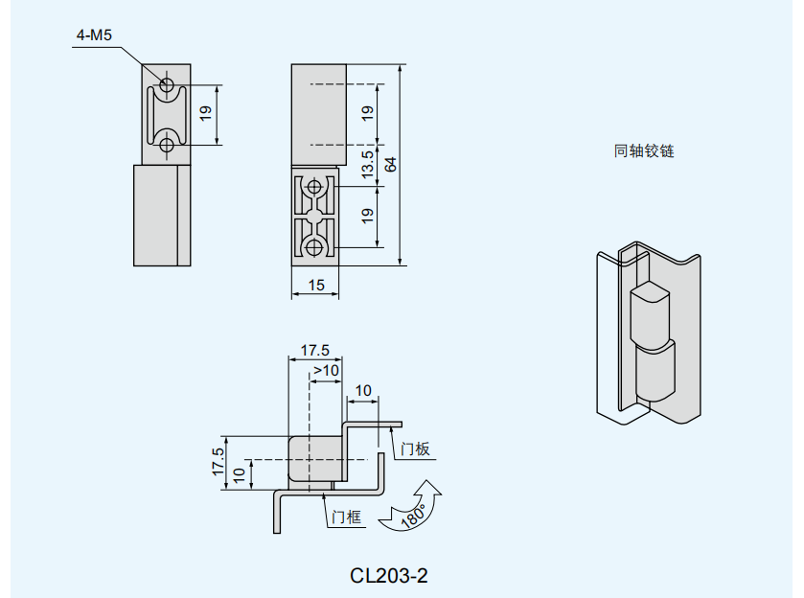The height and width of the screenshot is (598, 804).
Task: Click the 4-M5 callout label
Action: point(94,36)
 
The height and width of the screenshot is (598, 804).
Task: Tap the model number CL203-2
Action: point(388,575)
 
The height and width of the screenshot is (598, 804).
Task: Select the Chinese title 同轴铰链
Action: point(644,150)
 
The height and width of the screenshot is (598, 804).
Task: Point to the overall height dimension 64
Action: point(390,164)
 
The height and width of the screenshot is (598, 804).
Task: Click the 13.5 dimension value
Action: point(367,164)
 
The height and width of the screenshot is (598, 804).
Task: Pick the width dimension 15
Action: point(317,285)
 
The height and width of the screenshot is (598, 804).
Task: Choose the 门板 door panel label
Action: point(416,448)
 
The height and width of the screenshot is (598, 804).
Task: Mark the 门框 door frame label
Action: point(346,517)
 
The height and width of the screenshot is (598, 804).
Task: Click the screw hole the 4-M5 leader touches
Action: point(167,86)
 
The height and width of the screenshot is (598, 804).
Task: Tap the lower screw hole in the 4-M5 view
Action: point(167,145)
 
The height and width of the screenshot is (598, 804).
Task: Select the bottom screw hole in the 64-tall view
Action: point(313,248)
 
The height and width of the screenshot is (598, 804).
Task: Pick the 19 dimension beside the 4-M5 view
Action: point(205,115)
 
